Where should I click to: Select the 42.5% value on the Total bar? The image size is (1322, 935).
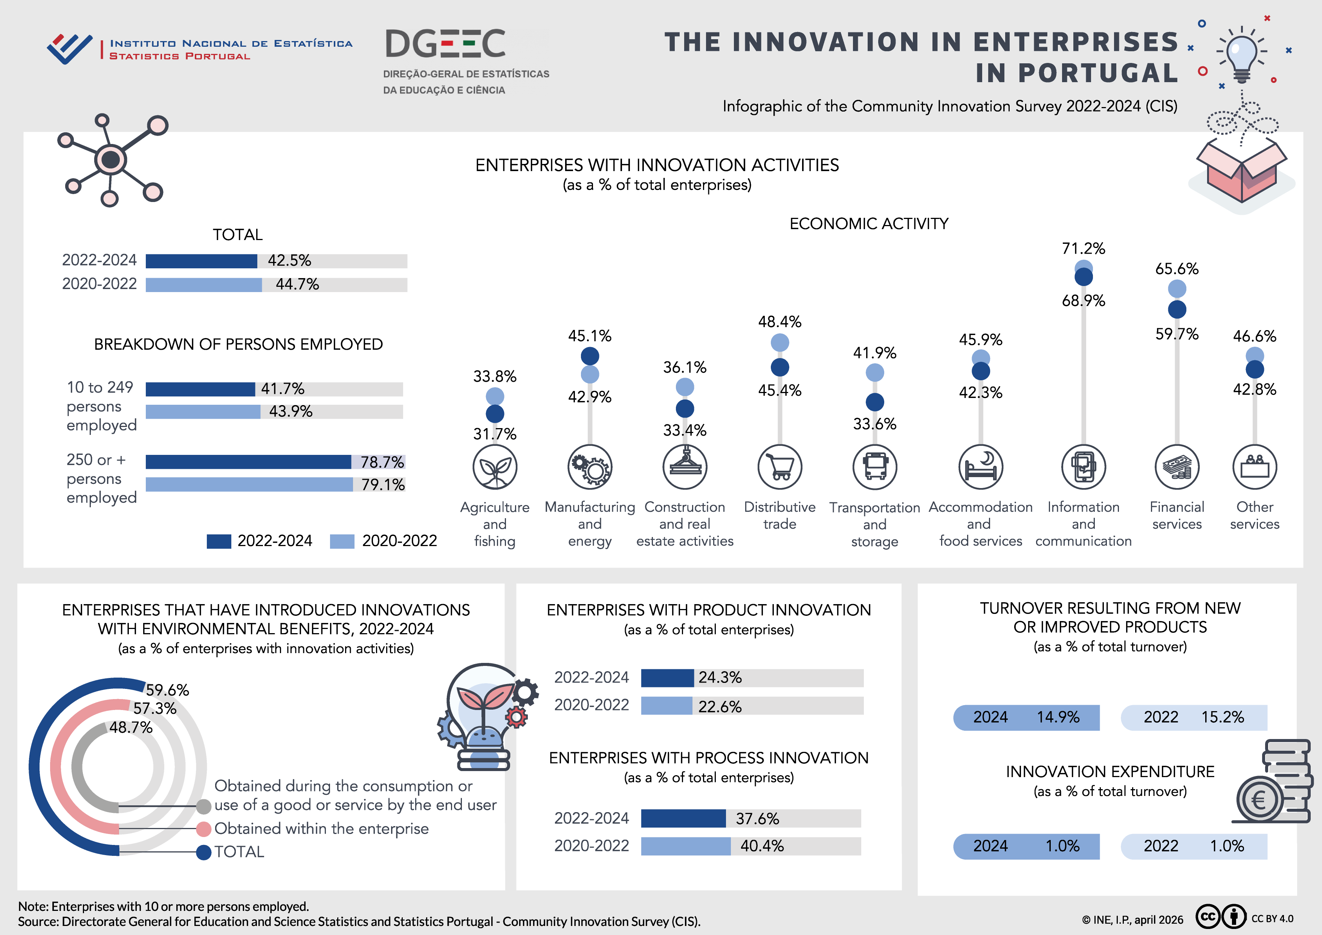click(289, 261)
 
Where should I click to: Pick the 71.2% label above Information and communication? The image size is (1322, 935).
click(1083, 249)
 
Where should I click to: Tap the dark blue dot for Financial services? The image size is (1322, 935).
click(1177, 309)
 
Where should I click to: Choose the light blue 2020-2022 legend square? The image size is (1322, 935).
click(341, 541)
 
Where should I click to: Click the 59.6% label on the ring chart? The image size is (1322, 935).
click(167, 690)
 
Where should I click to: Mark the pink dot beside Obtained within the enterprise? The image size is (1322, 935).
click(203, 829)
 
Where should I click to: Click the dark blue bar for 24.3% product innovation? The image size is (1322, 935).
click(667, 678)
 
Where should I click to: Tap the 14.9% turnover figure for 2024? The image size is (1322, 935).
click(1058, 717)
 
